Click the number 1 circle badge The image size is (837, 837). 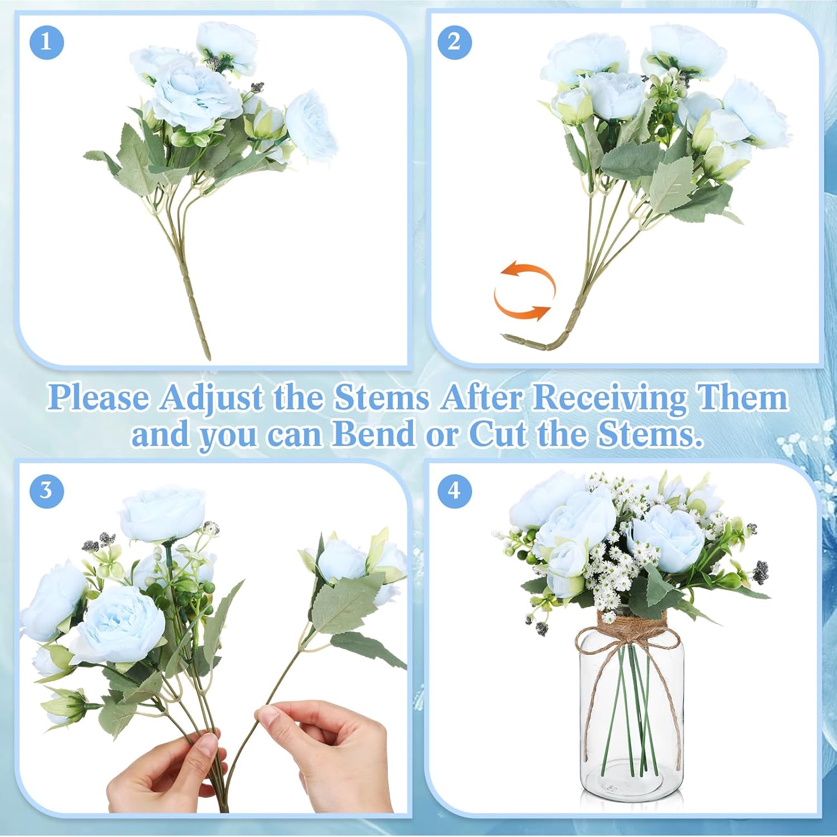click(46, 42)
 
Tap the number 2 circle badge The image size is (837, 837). click(455, 42)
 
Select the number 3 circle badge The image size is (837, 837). click(46, 490)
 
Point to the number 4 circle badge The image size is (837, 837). click(455, 490)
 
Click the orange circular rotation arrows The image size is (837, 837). click(525, 292)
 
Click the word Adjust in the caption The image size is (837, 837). click(211, 398)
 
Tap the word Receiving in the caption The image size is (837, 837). click(609, 398)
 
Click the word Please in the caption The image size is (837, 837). click(98, 398)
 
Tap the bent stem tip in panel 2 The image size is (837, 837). click(508, 338)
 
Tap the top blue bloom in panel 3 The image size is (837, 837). click(162, 514)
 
